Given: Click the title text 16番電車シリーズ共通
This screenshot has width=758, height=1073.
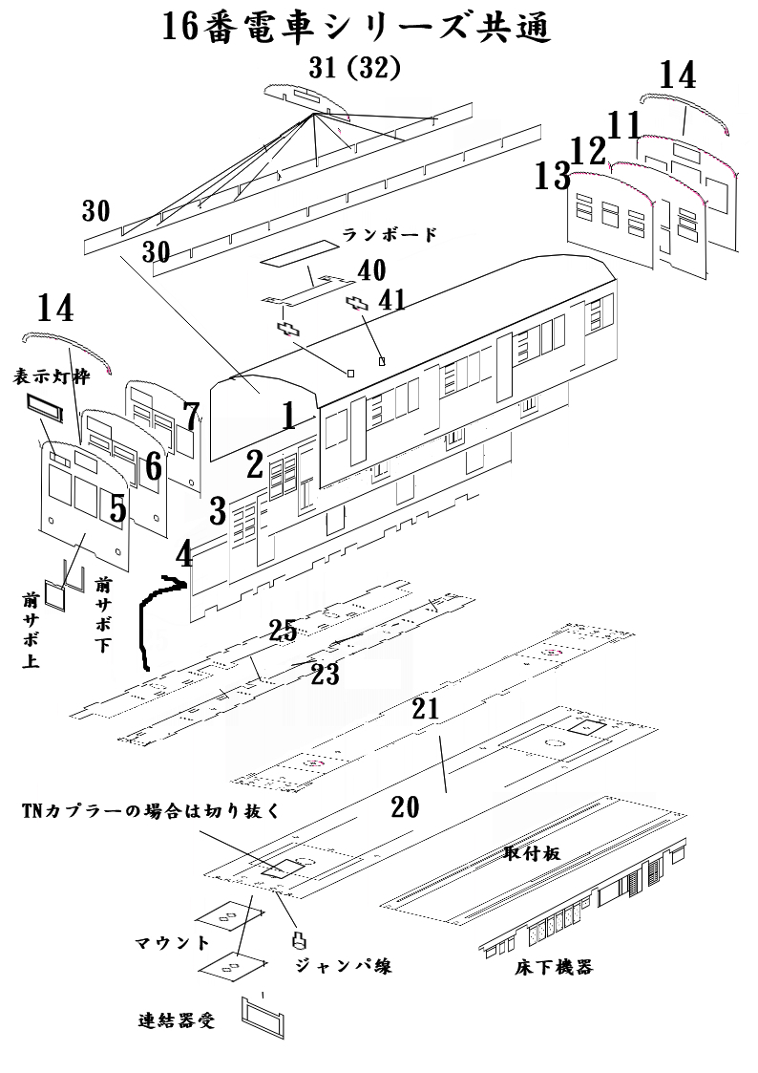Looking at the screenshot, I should click(357, 29).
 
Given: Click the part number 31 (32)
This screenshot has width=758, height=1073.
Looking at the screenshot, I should click(354, 69).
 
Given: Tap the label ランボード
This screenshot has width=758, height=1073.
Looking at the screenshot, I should click(390, 235).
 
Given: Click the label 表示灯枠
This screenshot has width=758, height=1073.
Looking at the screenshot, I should click(51, 376).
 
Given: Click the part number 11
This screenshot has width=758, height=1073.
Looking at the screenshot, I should click(624, 125).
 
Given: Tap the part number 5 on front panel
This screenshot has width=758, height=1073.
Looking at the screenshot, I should click(116, 508).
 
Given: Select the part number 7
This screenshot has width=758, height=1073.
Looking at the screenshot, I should click(191, 417).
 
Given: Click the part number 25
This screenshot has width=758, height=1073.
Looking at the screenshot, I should click(283, 630).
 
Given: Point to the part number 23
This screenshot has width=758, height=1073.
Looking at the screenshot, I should click(325, 675).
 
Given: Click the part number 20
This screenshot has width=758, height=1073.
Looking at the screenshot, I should click(405, 808).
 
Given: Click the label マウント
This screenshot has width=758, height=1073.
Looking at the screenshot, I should click(172, 943).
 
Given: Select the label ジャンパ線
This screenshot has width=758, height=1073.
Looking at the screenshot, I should click(343, 965).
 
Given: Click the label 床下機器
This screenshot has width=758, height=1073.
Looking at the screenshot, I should click(554, 967).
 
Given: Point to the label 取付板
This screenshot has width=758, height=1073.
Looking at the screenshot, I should click(531, 853).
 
